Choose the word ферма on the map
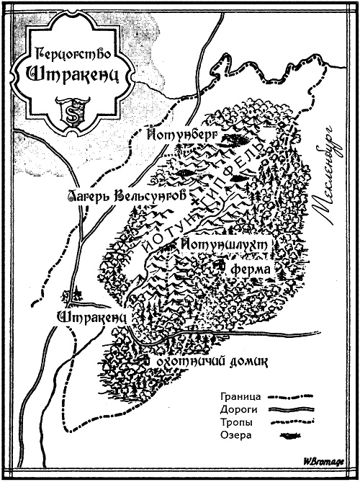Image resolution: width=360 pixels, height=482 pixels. [251, 269]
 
